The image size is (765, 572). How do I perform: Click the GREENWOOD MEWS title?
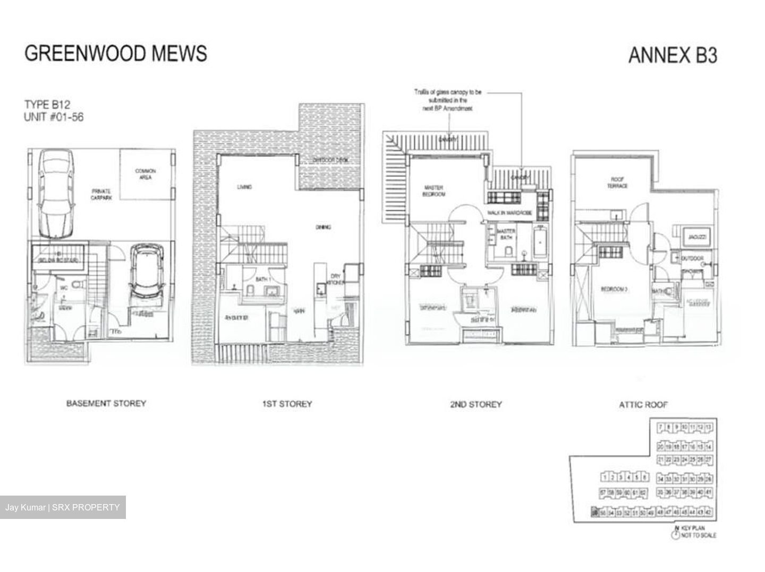(116, 54)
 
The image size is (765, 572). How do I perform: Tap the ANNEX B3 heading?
(672, 55)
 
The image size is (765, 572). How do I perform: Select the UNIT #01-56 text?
(54, 117)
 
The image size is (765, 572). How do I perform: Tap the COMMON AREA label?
(145, 174)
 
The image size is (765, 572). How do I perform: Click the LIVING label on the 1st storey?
(244, 187)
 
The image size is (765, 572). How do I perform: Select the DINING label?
(323, 227)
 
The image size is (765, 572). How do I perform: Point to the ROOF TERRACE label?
(617, 183)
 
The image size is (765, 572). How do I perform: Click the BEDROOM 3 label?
(615, 289)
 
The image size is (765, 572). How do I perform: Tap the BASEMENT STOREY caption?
(106, 403)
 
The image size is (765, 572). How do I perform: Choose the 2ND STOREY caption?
(475, 404)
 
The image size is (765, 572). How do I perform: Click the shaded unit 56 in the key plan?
(594, 513)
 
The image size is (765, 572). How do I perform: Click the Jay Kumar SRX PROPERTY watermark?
(62, 507)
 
